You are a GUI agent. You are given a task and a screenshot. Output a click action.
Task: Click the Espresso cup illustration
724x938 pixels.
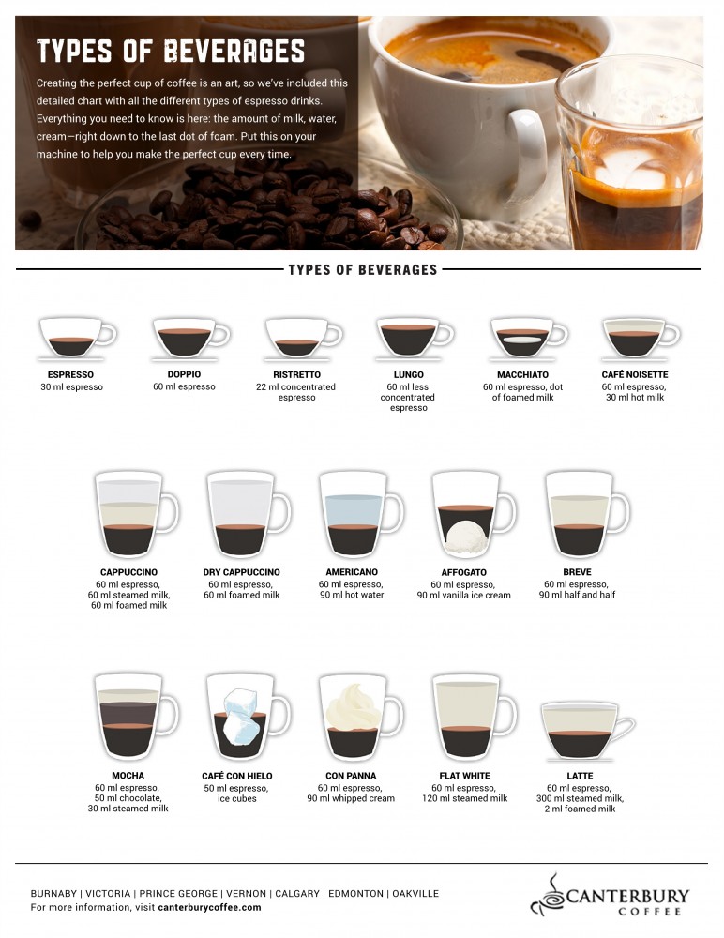point(77,338)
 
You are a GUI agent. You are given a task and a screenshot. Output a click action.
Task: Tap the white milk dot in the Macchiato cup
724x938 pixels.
point(522,340)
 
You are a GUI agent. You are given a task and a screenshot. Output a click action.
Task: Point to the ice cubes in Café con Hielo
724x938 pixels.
point(241,717)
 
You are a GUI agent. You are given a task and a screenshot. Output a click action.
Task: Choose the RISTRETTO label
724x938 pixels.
point(296,374)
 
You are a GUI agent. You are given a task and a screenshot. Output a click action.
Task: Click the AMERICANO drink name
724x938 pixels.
point(352,572)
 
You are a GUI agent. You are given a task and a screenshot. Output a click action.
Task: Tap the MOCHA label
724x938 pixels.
point(128,776)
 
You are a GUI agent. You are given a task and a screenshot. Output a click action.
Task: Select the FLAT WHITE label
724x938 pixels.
point(465,776)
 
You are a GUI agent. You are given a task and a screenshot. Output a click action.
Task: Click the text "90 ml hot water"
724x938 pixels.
point(352,595)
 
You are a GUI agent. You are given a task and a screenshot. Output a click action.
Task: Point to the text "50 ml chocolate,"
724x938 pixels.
point(128,798)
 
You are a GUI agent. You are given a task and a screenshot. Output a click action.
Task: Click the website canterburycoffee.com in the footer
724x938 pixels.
point(209,907)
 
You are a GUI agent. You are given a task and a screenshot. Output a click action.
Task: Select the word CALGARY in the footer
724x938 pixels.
point(297,893)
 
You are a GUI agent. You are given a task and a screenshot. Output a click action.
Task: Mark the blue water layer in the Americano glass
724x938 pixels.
point(354,511)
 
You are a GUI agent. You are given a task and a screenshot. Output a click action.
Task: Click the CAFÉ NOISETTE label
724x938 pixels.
point(635,374)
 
